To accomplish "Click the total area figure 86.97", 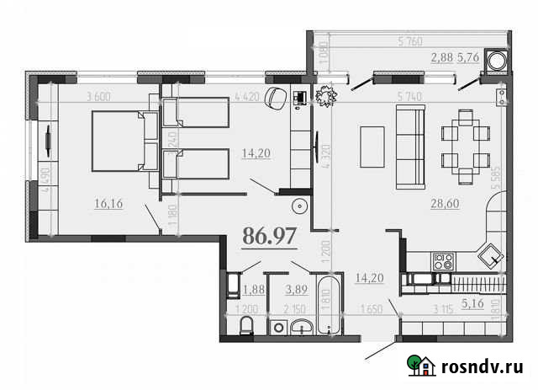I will pos(269,236).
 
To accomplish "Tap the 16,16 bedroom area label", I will pos(110,203).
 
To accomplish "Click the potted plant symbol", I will pos(324,98).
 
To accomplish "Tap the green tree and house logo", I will pos(420,364).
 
